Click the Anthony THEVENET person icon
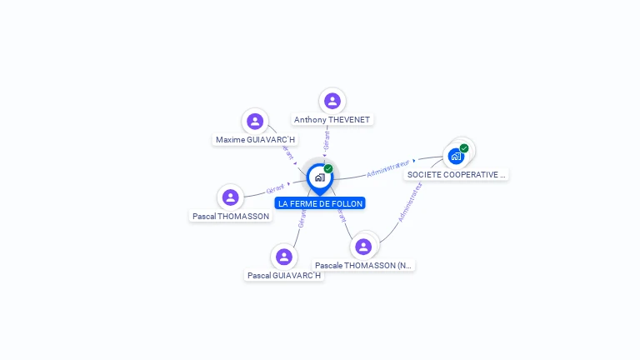332,101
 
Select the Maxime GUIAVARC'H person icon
255,122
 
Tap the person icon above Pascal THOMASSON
231,197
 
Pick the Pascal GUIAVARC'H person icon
284,257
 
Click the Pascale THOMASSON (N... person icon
363,247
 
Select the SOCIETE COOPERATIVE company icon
456,156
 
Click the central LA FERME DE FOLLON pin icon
319,177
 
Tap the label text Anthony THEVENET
332,120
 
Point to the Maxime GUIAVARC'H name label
255,140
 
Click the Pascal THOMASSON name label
231,216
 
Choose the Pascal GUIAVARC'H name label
284,275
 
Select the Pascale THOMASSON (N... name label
363,265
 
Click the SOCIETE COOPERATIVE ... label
456,175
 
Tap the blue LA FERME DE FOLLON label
320,203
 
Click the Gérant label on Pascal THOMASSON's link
276,189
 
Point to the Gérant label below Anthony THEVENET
327,141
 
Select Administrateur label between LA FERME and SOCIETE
388,167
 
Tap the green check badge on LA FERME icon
328,169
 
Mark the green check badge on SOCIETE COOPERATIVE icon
464,148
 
